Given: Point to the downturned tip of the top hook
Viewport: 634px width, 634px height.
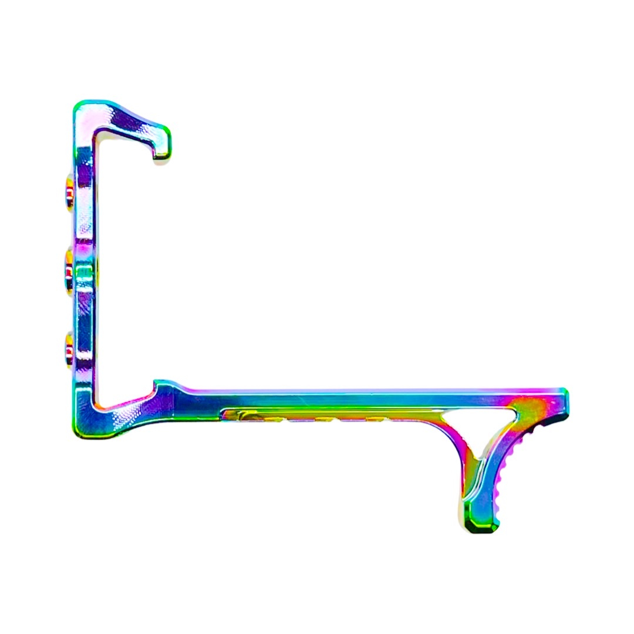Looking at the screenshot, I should (162, 154).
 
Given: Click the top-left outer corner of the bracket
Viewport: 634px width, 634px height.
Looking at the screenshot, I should (78, 106).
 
